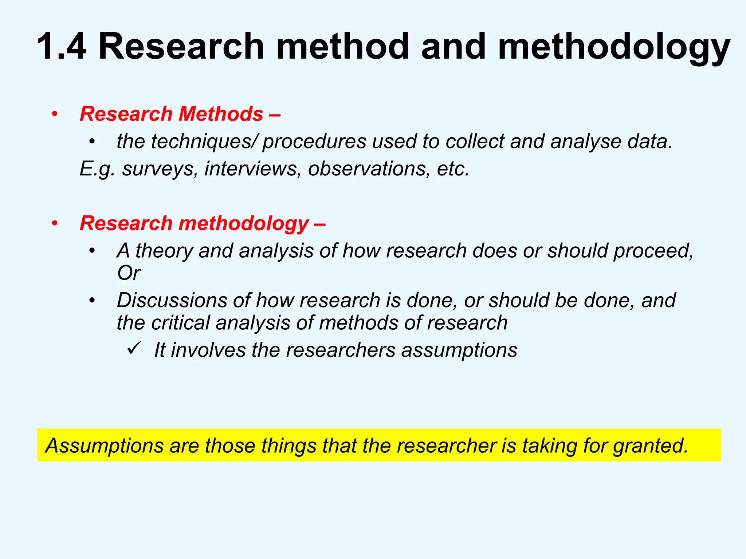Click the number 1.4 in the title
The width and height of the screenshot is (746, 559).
[62, 47]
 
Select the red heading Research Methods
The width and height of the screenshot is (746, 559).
[171, 114]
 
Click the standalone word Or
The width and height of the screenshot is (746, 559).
[129, 273]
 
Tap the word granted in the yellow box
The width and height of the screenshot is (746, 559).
[650, 446]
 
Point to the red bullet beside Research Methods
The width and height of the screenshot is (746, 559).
[55, 114]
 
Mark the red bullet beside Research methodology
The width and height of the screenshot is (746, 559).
[55, 223]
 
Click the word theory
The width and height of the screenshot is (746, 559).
[164, 251]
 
